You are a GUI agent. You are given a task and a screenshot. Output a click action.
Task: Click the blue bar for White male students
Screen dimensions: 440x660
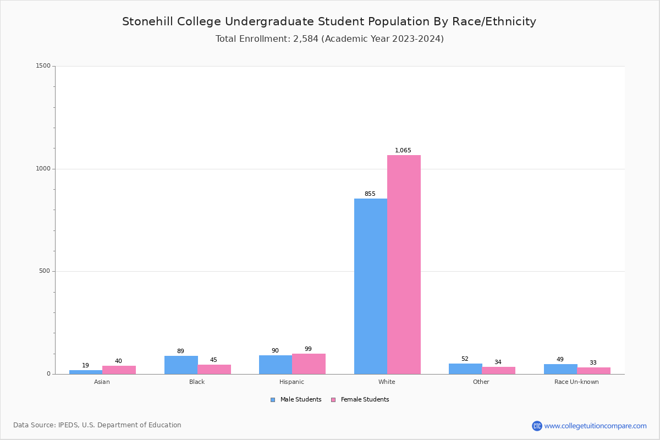[371, 286]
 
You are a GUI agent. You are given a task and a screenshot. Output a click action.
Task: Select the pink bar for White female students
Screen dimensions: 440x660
[404, 265]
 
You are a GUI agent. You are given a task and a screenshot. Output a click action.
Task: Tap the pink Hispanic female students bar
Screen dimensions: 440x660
[309, 364]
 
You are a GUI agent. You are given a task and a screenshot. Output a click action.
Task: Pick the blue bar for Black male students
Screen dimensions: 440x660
[181, 365]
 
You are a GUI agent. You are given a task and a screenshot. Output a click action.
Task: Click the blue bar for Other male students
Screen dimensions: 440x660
[465, 369]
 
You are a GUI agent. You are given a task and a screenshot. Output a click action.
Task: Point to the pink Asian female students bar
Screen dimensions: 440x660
[119, 370]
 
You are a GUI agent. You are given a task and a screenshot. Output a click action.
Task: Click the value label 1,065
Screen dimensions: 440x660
[403, 150]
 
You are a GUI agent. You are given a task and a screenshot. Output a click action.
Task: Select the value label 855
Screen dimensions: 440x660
[370, 194]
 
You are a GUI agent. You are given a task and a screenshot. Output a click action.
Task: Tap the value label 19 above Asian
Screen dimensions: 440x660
[85, 365]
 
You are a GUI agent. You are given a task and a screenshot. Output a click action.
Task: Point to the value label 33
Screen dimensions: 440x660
[593, 362]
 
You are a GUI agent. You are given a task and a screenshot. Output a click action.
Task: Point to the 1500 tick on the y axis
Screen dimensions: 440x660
[43, 66]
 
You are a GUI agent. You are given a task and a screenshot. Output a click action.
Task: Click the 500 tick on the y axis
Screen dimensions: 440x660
[44, 271]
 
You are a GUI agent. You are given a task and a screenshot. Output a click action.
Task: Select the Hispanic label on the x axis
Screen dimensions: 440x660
[291, 382]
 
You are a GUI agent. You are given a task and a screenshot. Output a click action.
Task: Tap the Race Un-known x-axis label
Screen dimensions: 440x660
[576, 382]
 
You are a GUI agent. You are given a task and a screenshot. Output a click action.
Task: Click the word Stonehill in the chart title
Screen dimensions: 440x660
[147, 21]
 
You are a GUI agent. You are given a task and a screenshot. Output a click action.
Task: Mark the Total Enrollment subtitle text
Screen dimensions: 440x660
[329, 38]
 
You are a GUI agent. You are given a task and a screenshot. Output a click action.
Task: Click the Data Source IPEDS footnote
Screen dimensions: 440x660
[97, 425]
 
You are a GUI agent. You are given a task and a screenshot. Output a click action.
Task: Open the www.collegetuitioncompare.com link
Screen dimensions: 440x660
[595, 426]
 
